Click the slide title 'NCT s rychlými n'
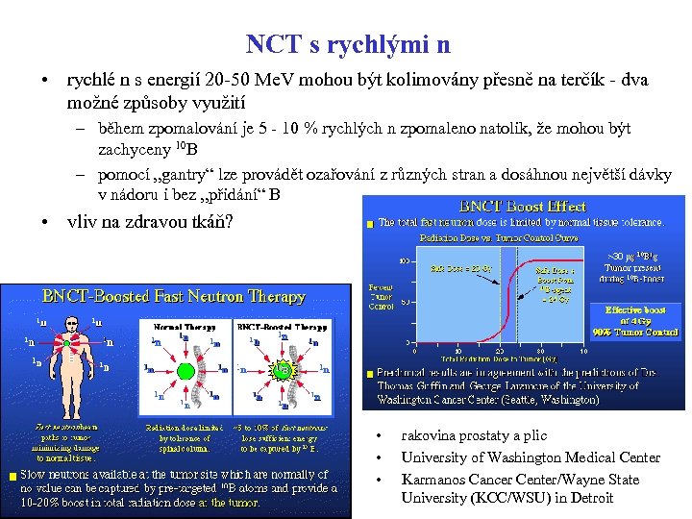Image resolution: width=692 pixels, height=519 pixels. (347, 44)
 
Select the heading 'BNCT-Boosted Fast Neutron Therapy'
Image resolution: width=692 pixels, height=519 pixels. (173, 297)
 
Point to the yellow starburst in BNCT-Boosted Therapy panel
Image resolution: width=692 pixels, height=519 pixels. (284, 369)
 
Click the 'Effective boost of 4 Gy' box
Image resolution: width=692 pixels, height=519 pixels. (642, 321)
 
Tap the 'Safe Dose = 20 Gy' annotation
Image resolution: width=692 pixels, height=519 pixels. (456, 268)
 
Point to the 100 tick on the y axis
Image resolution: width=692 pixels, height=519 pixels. (406, 260)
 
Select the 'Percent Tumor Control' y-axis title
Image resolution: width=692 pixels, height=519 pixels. (381, 297)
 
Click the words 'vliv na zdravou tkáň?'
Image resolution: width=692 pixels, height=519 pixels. (150, 220)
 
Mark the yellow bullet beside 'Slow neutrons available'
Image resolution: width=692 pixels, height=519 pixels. (11, 476)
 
